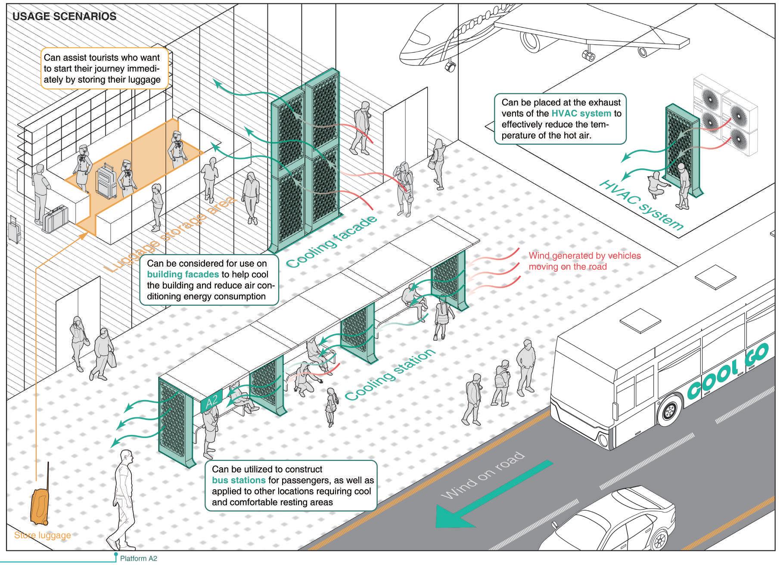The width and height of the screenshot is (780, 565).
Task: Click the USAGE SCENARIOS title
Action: click(64, 17)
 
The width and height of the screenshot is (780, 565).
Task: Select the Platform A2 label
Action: click(138, 559)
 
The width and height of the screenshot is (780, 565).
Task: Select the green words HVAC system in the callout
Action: click(581, 114)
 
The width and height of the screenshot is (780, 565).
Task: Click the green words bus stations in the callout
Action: click(239, 480)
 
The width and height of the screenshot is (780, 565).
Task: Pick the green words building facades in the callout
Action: click(183, 275)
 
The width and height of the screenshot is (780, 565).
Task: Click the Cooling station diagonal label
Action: click(390, 374)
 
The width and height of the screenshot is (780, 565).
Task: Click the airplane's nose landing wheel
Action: click(451, 66)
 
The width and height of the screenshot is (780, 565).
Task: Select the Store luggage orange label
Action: click(42, 535)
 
